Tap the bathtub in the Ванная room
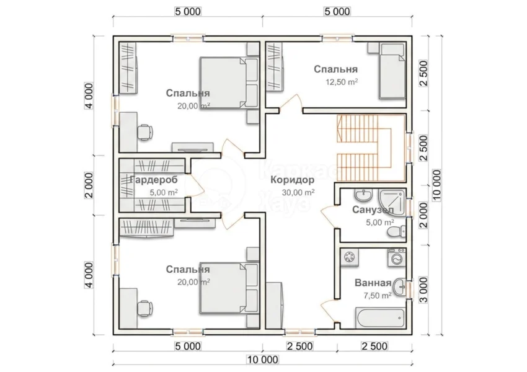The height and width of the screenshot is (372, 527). click(x=380, y=317)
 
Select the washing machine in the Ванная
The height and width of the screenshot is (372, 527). click(x=397, y=258)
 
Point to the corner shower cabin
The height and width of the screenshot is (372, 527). click(x=392, y=201)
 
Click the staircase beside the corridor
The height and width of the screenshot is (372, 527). click(x=371, y=148)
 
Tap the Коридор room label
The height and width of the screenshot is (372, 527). click(x=293, y=180)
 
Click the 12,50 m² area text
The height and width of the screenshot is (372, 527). click(x=341, y=82)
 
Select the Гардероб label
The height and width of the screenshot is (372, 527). click(x=154, y=180)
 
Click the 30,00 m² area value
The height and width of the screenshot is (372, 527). click(x=298, y=193)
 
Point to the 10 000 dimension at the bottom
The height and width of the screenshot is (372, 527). click(x=263, y=360)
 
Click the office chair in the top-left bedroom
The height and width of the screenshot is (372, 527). click(x=145, y=132)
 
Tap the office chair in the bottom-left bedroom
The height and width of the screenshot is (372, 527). click(x=145, y=308)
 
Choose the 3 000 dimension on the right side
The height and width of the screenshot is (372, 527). click(x=424, y=290)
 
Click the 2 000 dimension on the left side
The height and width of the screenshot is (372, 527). click(x=89, y=185)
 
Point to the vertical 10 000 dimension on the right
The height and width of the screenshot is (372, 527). click(x=436, y=185)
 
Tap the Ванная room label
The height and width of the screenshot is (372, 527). click(x=373, y=283)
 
